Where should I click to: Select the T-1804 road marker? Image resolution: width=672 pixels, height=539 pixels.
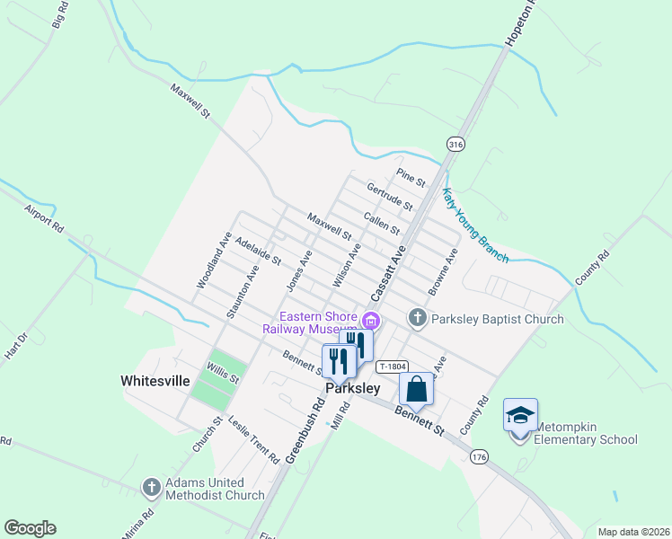point(393,367)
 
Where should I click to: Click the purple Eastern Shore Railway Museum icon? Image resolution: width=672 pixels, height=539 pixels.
point(371,320)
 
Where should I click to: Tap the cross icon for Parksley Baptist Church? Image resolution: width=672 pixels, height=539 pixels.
point(417,318)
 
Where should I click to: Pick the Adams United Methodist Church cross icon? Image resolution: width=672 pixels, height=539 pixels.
point(151,488)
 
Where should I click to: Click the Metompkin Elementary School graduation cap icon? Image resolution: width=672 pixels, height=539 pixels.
point(520,415)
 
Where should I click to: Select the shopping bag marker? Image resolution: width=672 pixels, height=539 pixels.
point(416,390)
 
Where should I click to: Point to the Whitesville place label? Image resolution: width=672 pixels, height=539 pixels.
point(155,381)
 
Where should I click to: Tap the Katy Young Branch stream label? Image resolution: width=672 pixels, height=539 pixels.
point(475,225)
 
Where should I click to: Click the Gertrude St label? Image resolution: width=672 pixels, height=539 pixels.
point(389,197)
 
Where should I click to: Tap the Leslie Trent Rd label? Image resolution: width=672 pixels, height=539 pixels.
point(253,439)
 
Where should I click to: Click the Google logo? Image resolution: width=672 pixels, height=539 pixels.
point(30,528)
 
